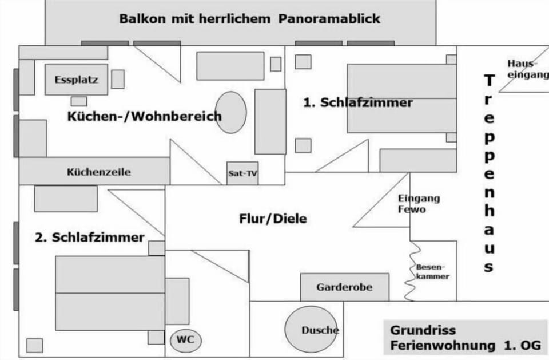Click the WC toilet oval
[x=185, y=341]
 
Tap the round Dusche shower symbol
[x=311, y=329]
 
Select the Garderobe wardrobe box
[x=344, y=287]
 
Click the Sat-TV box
[x=242, y=173]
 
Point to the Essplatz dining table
[x=76, y=80]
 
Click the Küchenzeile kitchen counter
[x=94, y=171]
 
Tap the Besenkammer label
[x=432, y=272]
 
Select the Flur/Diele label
[x=273, y=219]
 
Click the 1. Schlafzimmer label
[x=358, y=102]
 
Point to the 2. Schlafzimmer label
[x=90, y=238]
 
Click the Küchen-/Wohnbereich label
[x=145, y=116]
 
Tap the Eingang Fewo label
[x=419, y=204]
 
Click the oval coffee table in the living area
[x=230, y=113]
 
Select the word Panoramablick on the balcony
[x=329, y=18]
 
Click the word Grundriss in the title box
[x=423, y=330]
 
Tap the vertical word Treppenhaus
[x=489, y=173]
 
